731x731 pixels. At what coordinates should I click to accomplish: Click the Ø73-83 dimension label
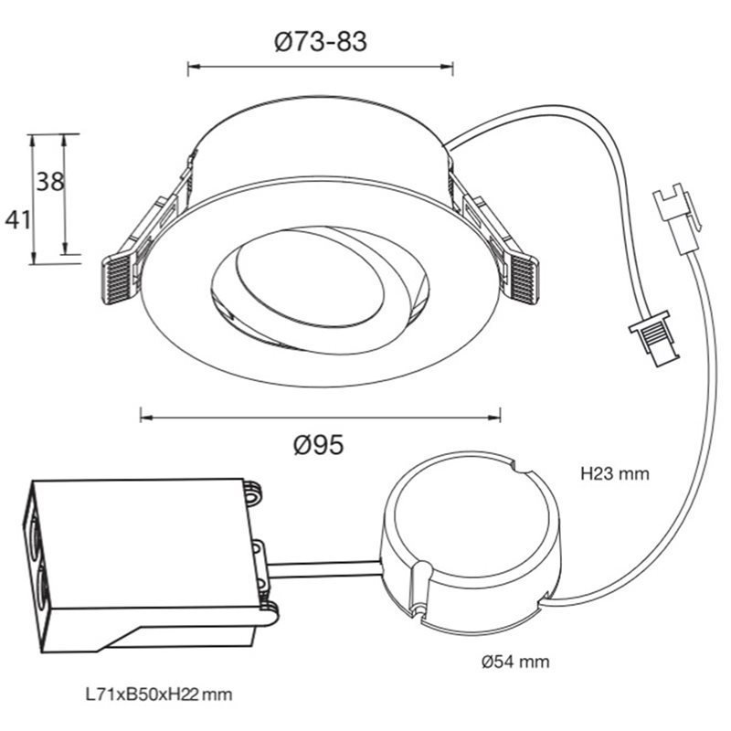point(321,42)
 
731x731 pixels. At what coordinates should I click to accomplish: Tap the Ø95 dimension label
point(319,445)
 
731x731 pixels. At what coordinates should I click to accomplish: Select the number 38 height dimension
point(50,181)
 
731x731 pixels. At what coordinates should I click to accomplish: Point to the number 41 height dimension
point(17,219)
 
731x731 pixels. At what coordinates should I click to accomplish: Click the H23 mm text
point(615,474)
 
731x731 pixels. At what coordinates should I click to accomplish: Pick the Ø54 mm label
point(515,662)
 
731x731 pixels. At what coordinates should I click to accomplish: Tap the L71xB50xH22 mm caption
point(159,694)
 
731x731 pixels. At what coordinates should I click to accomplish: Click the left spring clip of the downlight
point(140,242)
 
